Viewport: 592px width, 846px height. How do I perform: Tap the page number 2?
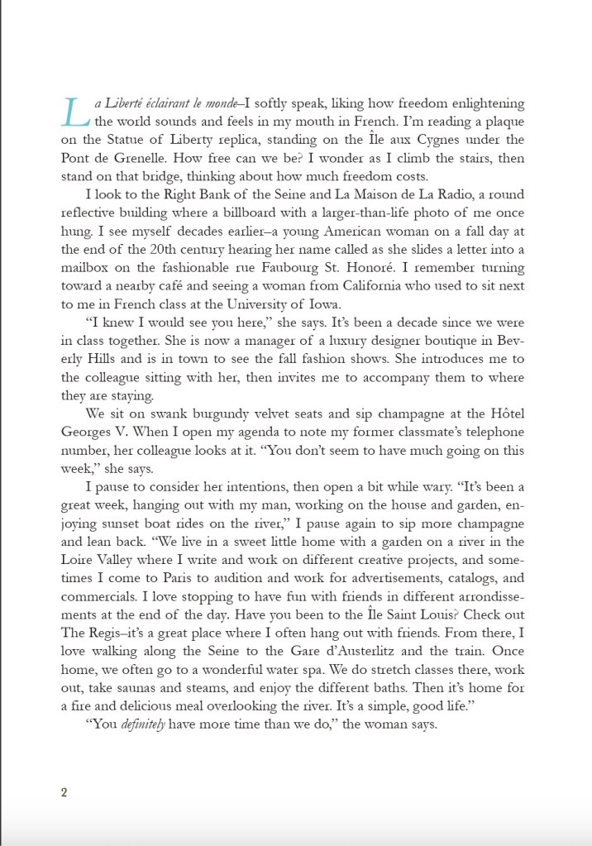pos(64,792)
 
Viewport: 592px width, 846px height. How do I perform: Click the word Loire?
pos(81,559)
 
